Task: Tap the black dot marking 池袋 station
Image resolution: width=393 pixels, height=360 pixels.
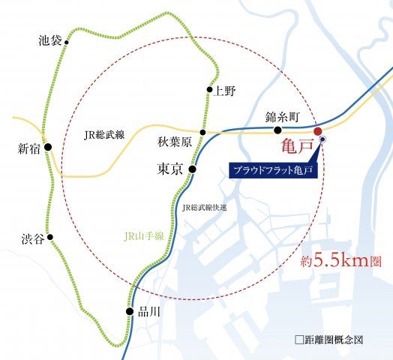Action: [x=67, y=43]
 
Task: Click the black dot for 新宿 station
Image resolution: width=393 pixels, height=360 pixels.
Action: [x=48, y=148]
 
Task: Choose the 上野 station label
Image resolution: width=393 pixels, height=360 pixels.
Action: [x=225, y=91]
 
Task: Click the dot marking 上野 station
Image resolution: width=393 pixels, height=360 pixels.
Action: [x=210, y=91]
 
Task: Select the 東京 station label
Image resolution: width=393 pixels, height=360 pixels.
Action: [x=170, y=169]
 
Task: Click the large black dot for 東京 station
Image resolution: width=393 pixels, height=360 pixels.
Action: [x=192, y=169]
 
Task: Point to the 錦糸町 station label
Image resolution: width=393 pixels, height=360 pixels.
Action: [x=282, y=118]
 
